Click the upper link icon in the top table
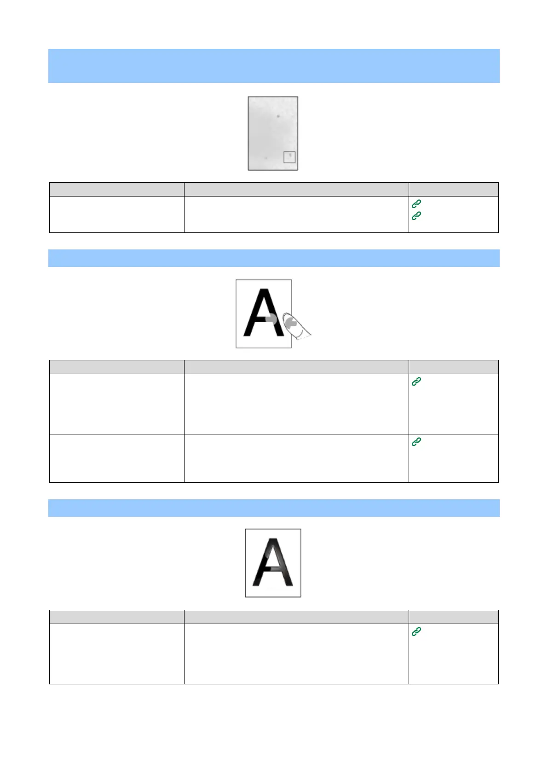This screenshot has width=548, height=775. click(416, 203)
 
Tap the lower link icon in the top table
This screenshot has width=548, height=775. click(416, 215)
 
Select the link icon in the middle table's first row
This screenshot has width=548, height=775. click(416, 381)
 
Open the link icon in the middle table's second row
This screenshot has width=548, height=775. click(416, 441)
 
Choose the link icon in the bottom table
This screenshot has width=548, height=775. click(416, 631)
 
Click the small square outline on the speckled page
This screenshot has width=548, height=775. click(289, 157)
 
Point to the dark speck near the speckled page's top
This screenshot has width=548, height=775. click(278, 116)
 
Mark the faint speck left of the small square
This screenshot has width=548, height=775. click(266, 158)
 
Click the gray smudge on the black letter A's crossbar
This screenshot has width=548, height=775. click(271, 319)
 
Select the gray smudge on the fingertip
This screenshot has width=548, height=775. click(290, 324)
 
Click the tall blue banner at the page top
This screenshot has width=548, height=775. click(274, 66)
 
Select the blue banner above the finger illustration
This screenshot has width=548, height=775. click(274, 258)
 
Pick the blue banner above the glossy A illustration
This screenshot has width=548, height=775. click(274, 508)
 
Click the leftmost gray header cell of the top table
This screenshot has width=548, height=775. click(117, 189)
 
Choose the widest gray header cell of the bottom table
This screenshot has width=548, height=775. click(296, 617)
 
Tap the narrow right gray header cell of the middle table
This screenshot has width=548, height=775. click(453, 367)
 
